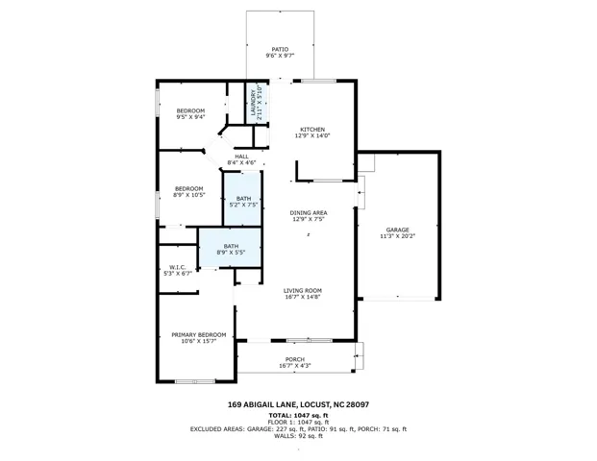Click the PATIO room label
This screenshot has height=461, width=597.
point(280,49)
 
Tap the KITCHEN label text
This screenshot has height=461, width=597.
point(312,130)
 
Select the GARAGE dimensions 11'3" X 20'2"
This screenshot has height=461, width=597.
point(397,236)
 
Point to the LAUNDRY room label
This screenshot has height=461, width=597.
point(253,103)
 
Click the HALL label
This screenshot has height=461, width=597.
point(241,157)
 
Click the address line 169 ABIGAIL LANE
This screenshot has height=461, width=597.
point(261,404)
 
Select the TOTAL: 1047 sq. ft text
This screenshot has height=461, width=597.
point(298,415)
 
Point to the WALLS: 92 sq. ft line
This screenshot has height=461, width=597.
point(298,436)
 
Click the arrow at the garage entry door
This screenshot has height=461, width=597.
point(360,192)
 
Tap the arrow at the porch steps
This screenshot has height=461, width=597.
point(357,356)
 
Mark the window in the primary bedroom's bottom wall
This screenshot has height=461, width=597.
point(195,381)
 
